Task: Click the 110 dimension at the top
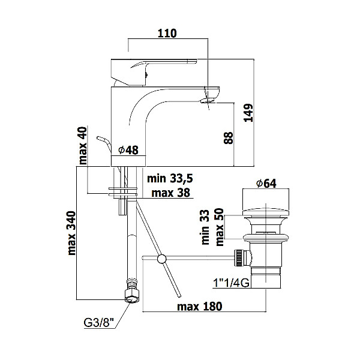pos(167,33)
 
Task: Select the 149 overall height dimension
pos(248,113)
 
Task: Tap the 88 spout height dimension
pos(228,138)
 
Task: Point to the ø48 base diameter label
pos(128,150)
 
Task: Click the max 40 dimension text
pos(83,146)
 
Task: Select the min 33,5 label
pos(170,178)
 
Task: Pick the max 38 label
pos(170,193)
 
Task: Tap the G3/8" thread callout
pos(99,323)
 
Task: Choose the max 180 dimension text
pos(200,306)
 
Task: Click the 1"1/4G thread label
pos(231,283)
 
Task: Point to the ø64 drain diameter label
pos(266,183)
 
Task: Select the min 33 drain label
pos(205,227)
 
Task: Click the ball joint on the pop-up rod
pos(162,259)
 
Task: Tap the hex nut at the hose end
pos(132,296)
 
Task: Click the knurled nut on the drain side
pos(239,258)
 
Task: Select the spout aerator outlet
pos(208,100)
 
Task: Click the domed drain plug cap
pos(266,212)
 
